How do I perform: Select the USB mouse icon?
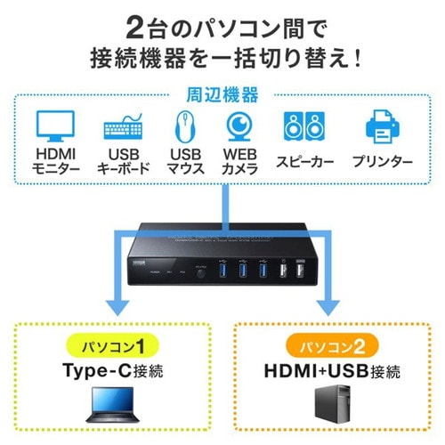(x=184, y=126)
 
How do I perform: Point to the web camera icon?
(x=238, y=125)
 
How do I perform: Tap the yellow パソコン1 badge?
(x=112, y=345)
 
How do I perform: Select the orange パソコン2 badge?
(x=331, y=345)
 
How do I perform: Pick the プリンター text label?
(x=382, y=161)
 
